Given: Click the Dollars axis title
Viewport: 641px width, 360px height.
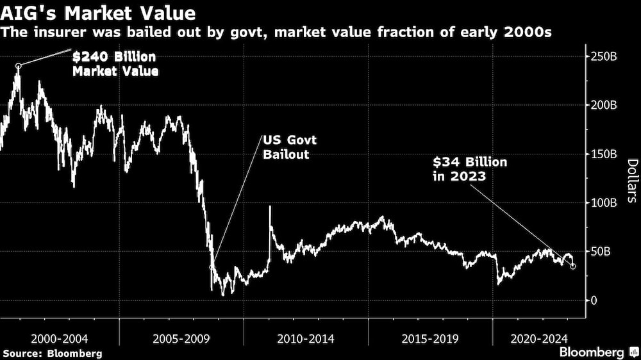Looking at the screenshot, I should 631,181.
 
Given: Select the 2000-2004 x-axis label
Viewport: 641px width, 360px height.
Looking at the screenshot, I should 60,338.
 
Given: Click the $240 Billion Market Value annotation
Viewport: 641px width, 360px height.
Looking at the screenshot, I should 115,65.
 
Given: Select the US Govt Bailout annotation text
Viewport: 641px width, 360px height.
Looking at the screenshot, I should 288,147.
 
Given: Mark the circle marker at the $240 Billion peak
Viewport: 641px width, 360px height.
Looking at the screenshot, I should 18,65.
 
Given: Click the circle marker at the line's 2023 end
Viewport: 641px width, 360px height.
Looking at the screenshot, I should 573,266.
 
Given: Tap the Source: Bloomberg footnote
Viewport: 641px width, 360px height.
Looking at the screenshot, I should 53,353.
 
